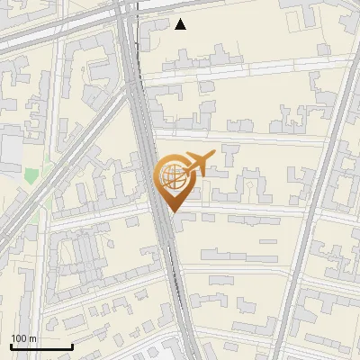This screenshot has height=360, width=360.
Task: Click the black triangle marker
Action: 181,24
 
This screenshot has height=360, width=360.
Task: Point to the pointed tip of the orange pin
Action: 171,211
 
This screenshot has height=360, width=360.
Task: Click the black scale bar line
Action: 41,347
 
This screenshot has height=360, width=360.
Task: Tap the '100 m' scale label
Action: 23,338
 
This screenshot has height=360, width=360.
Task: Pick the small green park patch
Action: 32,176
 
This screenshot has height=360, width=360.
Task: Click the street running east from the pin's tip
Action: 243,212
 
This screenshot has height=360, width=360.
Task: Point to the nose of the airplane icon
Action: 213,157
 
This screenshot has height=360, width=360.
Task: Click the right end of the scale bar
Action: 72,347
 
